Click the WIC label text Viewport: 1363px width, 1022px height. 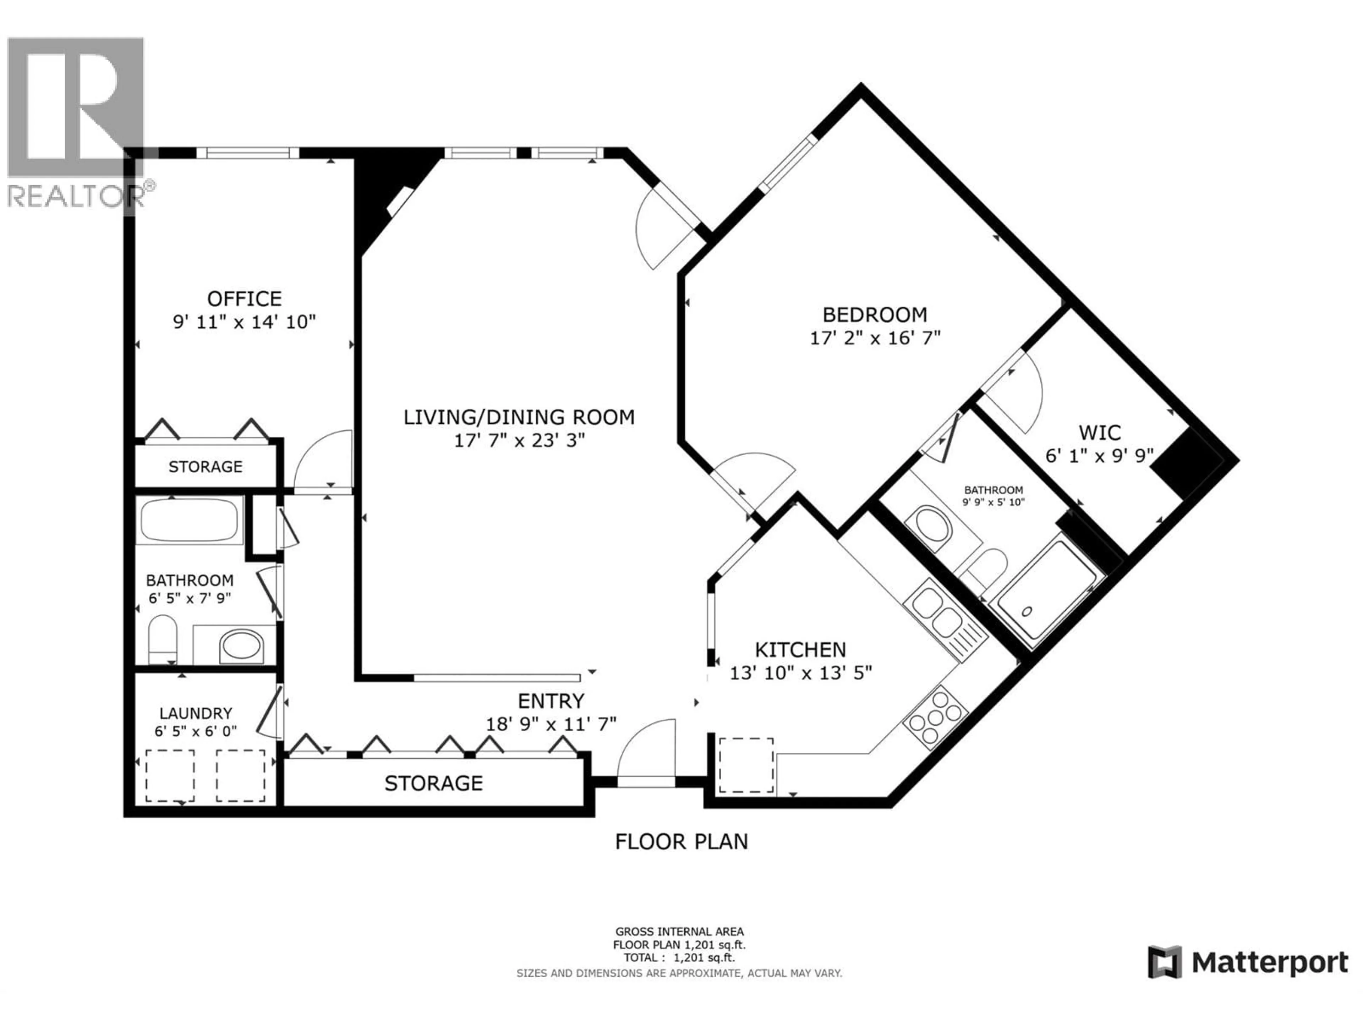[1100, 433]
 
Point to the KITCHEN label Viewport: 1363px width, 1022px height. [800, 649]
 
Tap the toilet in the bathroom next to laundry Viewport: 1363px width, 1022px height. [163, 638]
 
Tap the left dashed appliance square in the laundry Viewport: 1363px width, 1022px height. [170, 776]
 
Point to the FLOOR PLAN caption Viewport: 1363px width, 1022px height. [681, 841]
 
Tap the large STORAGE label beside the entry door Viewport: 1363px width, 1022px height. [433, 783]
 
